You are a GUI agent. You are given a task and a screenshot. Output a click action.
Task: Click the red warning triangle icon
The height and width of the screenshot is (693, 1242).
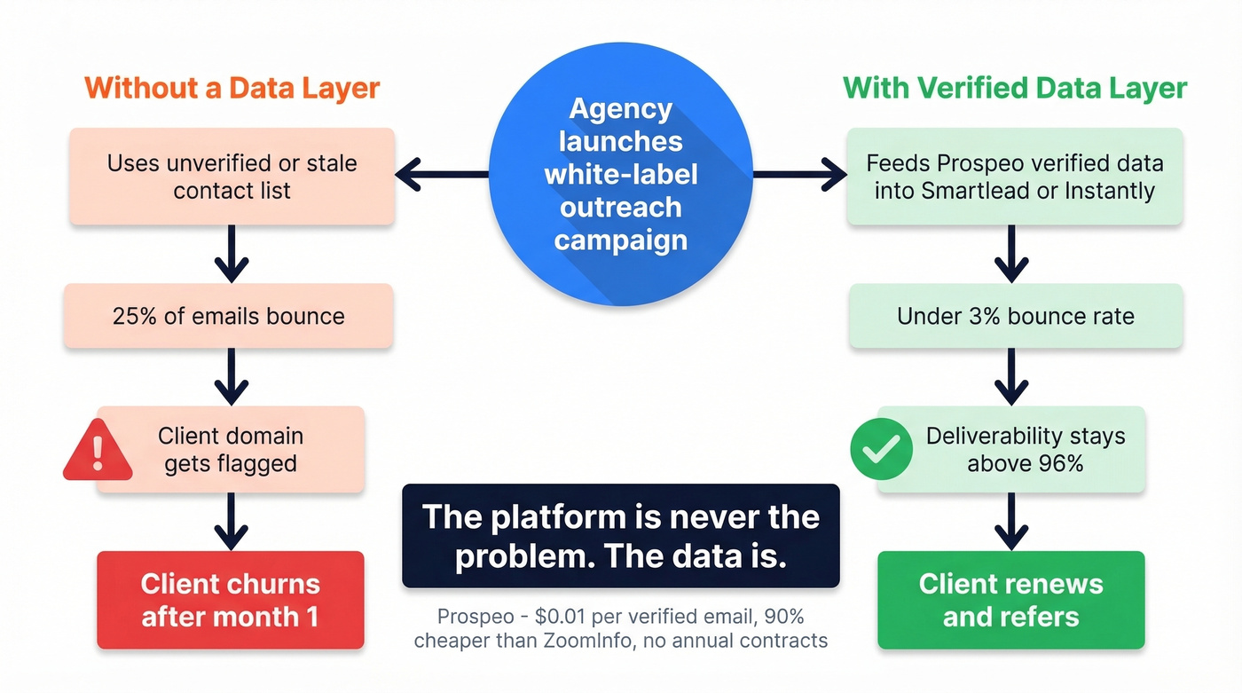point(98,451)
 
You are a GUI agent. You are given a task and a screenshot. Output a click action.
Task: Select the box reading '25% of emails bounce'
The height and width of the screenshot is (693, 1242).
point(229,316)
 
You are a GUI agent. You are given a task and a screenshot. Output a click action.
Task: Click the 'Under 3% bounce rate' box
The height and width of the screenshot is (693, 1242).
point(1015,316)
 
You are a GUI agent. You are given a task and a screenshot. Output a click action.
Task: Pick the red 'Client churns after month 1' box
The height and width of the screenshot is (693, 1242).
point(231,600)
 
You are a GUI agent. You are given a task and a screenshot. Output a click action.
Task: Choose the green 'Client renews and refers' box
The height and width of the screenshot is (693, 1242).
point(1010,600)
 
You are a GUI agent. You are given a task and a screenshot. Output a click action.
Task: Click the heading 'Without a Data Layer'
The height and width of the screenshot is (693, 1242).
point(232,89)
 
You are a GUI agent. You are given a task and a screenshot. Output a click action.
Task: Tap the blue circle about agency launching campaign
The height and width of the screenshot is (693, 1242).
point(620,174)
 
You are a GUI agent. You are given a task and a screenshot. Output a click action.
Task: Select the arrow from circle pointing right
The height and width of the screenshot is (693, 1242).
point(798,175)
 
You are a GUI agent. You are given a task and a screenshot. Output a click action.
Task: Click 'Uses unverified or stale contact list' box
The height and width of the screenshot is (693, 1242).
point(232,176)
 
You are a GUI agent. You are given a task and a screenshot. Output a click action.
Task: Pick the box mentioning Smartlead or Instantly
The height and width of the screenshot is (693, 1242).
point(1014,176)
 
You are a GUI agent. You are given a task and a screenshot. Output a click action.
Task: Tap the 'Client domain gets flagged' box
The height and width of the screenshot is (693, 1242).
point(231,449)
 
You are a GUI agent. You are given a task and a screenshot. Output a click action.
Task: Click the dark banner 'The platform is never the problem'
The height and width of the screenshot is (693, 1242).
point(620,535)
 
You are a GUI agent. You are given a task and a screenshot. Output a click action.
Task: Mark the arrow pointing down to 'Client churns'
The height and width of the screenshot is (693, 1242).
point(231,521)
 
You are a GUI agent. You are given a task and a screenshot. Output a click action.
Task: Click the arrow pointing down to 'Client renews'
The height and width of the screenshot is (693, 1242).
point(1010,521)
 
